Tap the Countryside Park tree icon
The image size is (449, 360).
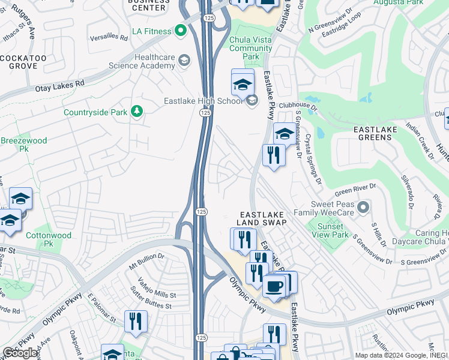[137, 112]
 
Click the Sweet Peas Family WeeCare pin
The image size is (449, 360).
[362, 208]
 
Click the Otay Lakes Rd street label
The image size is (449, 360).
[59, 87]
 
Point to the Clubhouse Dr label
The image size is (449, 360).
[298, 106]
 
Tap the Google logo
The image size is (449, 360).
[20, 353]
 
